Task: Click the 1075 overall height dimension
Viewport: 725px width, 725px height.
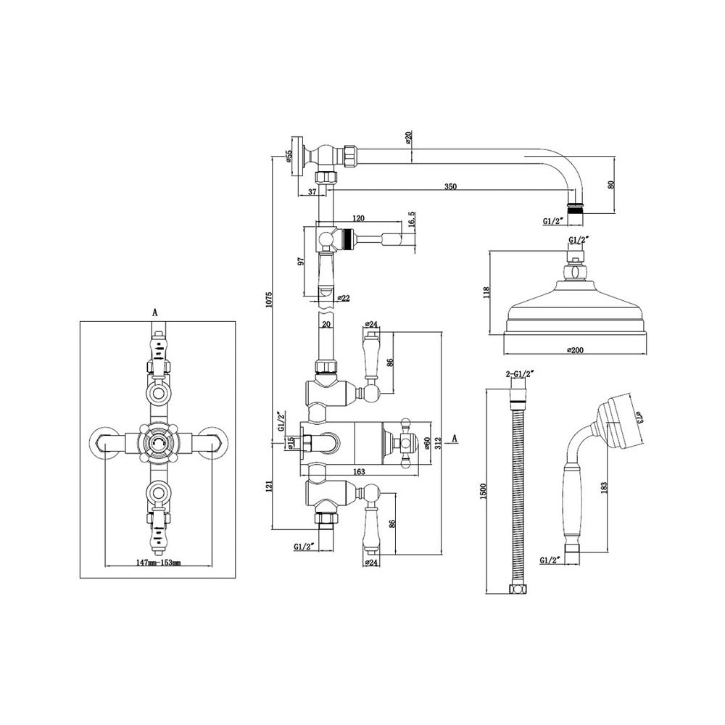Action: tap(270, 299)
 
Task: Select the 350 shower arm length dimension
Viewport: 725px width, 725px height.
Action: tap(450, 187)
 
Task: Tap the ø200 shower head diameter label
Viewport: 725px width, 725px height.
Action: tap(575, 350)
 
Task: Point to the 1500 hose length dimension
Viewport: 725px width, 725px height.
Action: tap(484, 491)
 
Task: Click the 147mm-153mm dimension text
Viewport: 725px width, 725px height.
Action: tap(158, 563)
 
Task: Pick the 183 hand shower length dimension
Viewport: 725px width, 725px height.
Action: tap(604, 487)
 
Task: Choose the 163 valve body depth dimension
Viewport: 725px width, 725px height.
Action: tap(359, 472)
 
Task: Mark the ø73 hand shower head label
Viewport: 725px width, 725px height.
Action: tap(639, 418)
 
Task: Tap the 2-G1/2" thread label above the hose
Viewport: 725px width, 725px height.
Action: tap(520, 373)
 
